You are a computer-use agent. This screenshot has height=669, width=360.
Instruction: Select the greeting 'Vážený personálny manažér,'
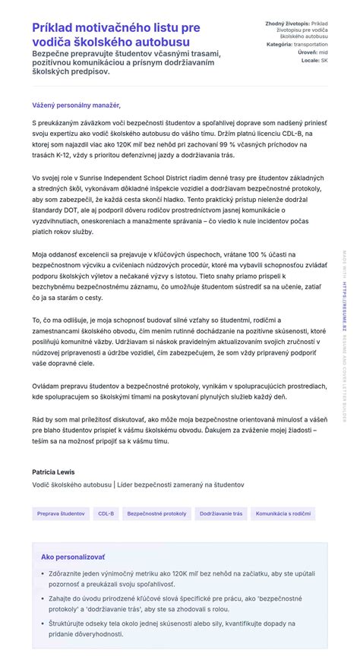click(76, 105)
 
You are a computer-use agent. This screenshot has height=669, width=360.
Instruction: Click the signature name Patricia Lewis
click(53, 472)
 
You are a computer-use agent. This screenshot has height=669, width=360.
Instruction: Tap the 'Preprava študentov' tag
click(61, 513)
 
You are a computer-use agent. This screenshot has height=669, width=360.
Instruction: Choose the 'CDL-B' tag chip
click(106, 513)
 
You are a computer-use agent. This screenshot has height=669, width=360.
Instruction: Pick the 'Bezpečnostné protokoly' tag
click(156, 513)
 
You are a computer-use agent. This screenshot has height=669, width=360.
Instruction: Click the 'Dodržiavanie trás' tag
click(221, 513)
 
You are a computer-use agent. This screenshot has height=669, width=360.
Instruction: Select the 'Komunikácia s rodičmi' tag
click(283, 513)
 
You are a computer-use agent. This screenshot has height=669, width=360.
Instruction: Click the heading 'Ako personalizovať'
click(62, 557)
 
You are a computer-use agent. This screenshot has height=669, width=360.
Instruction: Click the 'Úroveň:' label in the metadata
click(296, 52)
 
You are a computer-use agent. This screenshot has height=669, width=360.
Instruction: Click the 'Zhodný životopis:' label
click(287, 24)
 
